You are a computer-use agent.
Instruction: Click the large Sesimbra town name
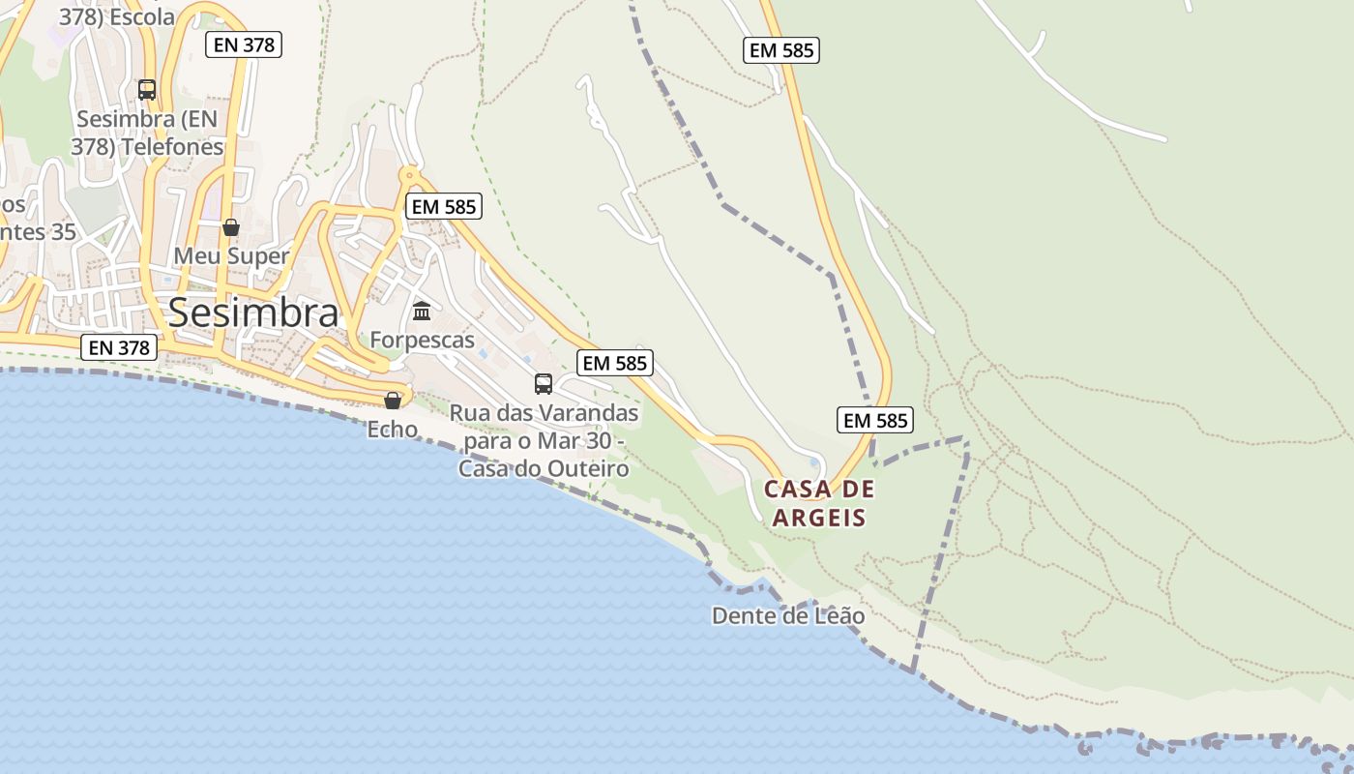pyautogui.click(x=253, y=313)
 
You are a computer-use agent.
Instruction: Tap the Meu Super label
pyautogui.click(x=231, y=256)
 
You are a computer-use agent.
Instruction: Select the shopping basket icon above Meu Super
pyautogui.click(x=231, y=227)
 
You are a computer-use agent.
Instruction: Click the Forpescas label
pyautogui.click(x=423, y=340)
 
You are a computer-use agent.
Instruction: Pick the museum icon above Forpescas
pyautogui.click(x=422, y=312)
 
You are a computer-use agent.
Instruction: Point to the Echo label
pyautogui.click(x=393, y=429)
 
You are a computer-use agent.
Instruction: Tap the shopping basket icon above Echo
pyautogui.click(x=393, y=400)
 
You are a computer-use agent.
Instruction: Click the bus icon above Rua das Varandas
pyautogui.click(x=544, y=384)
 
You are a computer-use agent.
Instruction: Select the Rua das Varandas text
pyautogui.click(x=544, y=413)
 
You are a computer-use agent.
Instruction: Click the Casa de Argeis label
pyautogui.click(x=818, y=503)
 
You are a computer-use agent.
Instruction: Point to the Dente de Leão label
pyautogui.click(x=788, y=615)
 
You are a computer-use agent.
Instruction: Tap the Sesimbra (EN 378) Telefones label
pyautogui.click(x=147, y=134)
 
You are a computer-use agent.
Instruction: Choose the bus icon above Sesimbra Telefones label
pyautogui.click(x=147, y=90)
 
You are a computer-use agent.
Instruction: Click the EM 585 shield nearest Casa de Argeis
pyautogui.click(x=874, y=420)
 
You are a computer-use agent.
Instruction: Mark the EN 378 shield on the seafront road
pyautogui.click(x=119, y=347)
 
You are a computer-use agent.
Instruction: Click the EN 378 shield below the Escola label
pyautogui.click(x=244, y=45)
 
